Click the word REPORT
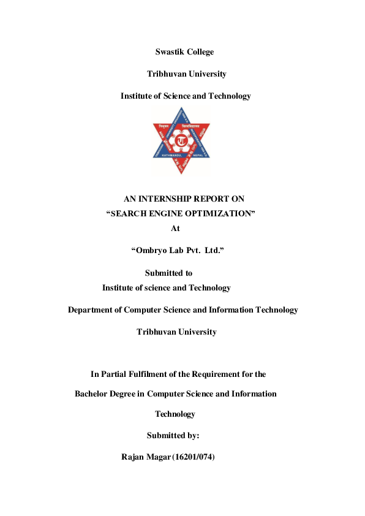point(211,199)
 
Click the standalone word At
point(175,228)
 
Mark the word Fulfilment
point(153,374)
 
